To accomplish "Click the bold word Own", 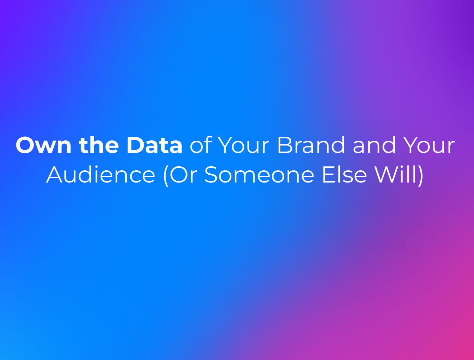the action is point(44,145).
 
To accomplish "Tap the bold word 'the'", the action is point(99,145).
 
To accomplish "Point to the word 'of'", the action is point(199,145).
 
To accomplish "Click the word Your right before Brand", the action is point(244,145).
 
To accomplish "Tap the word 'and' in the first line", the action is point(374,145).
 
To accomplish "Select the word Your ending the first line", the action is point(429,145).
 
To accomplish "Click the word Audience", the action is point(101,175).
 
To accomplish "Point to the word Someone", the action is point(259,175).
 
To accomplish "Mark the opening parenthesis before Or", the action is point(166,176).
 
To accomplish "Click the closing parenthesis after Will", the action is point(421,176).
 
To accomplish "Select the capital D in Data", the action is point(135,145).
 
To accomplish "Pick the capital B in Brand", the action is point(285,145).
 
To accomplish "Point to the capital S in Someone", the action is point(211,175).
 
